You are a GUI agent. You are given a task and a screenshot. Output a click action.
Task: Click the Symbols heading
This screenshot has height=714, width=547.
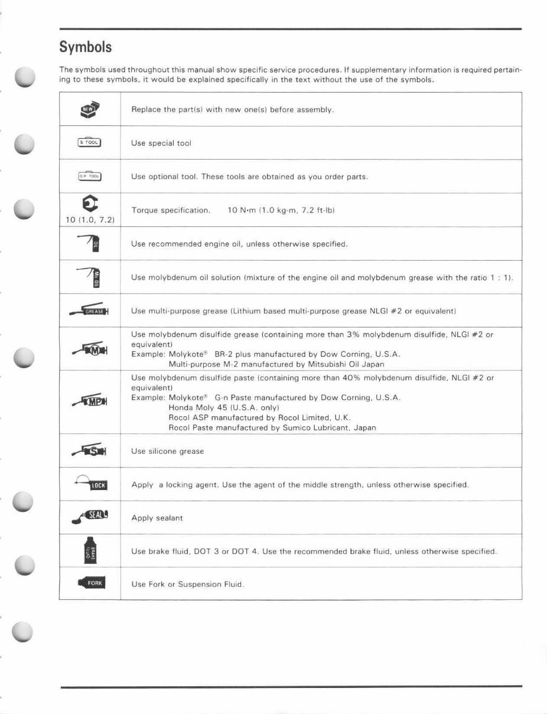coord(86,46)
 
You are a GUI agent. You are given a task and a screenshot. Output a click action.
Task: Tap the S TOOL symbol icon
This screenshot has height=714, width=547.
coord(90,142)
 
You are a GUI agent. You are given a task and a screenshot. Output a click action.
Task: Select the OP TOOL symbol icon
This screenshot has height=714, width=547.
coord(90,176)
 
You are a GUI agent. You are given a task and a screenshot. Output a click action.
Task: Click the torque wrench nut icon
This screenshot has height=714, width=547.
coord(90,205)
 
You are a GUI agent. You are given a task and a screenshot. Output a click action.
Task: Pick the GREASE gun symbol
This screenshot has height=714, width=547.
coord(90,311)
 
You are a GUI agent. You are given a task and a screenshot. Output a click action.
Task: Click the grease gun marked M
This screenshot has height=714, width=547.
coord(90,349)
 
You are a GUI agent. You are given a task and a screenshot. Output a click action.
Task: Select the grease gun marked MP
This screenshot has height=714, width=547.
coord(90,403)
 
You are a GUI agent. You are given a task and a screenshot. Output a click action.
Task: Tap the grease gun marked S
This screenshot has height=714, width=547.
coord(90,451)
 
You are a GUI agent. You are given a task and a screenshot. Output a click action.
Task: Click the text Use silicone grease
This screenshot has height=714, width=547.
coord(167,452)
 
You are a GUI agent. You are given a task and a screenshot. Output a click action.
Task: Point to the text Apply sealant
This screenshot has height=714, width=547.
coord(157,518)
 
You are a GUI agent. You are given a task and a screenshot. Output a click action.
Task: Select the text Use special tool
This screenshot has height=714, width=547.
coord(161,144)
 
